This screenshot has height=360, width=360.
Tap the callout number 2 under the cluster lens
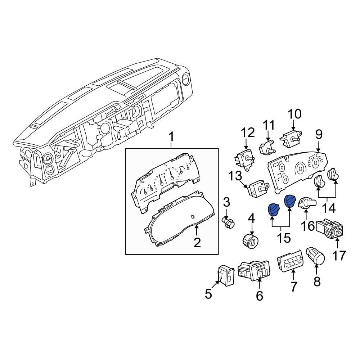[197, 242]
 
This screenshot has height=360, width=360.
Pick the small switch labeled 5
[225, 276]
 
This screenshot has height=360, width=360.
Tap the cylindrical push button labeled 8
[316, 255]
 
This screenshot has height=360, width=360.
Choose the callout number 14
[329, 208]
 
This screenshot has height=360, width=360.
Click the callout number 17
[338, 256]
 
